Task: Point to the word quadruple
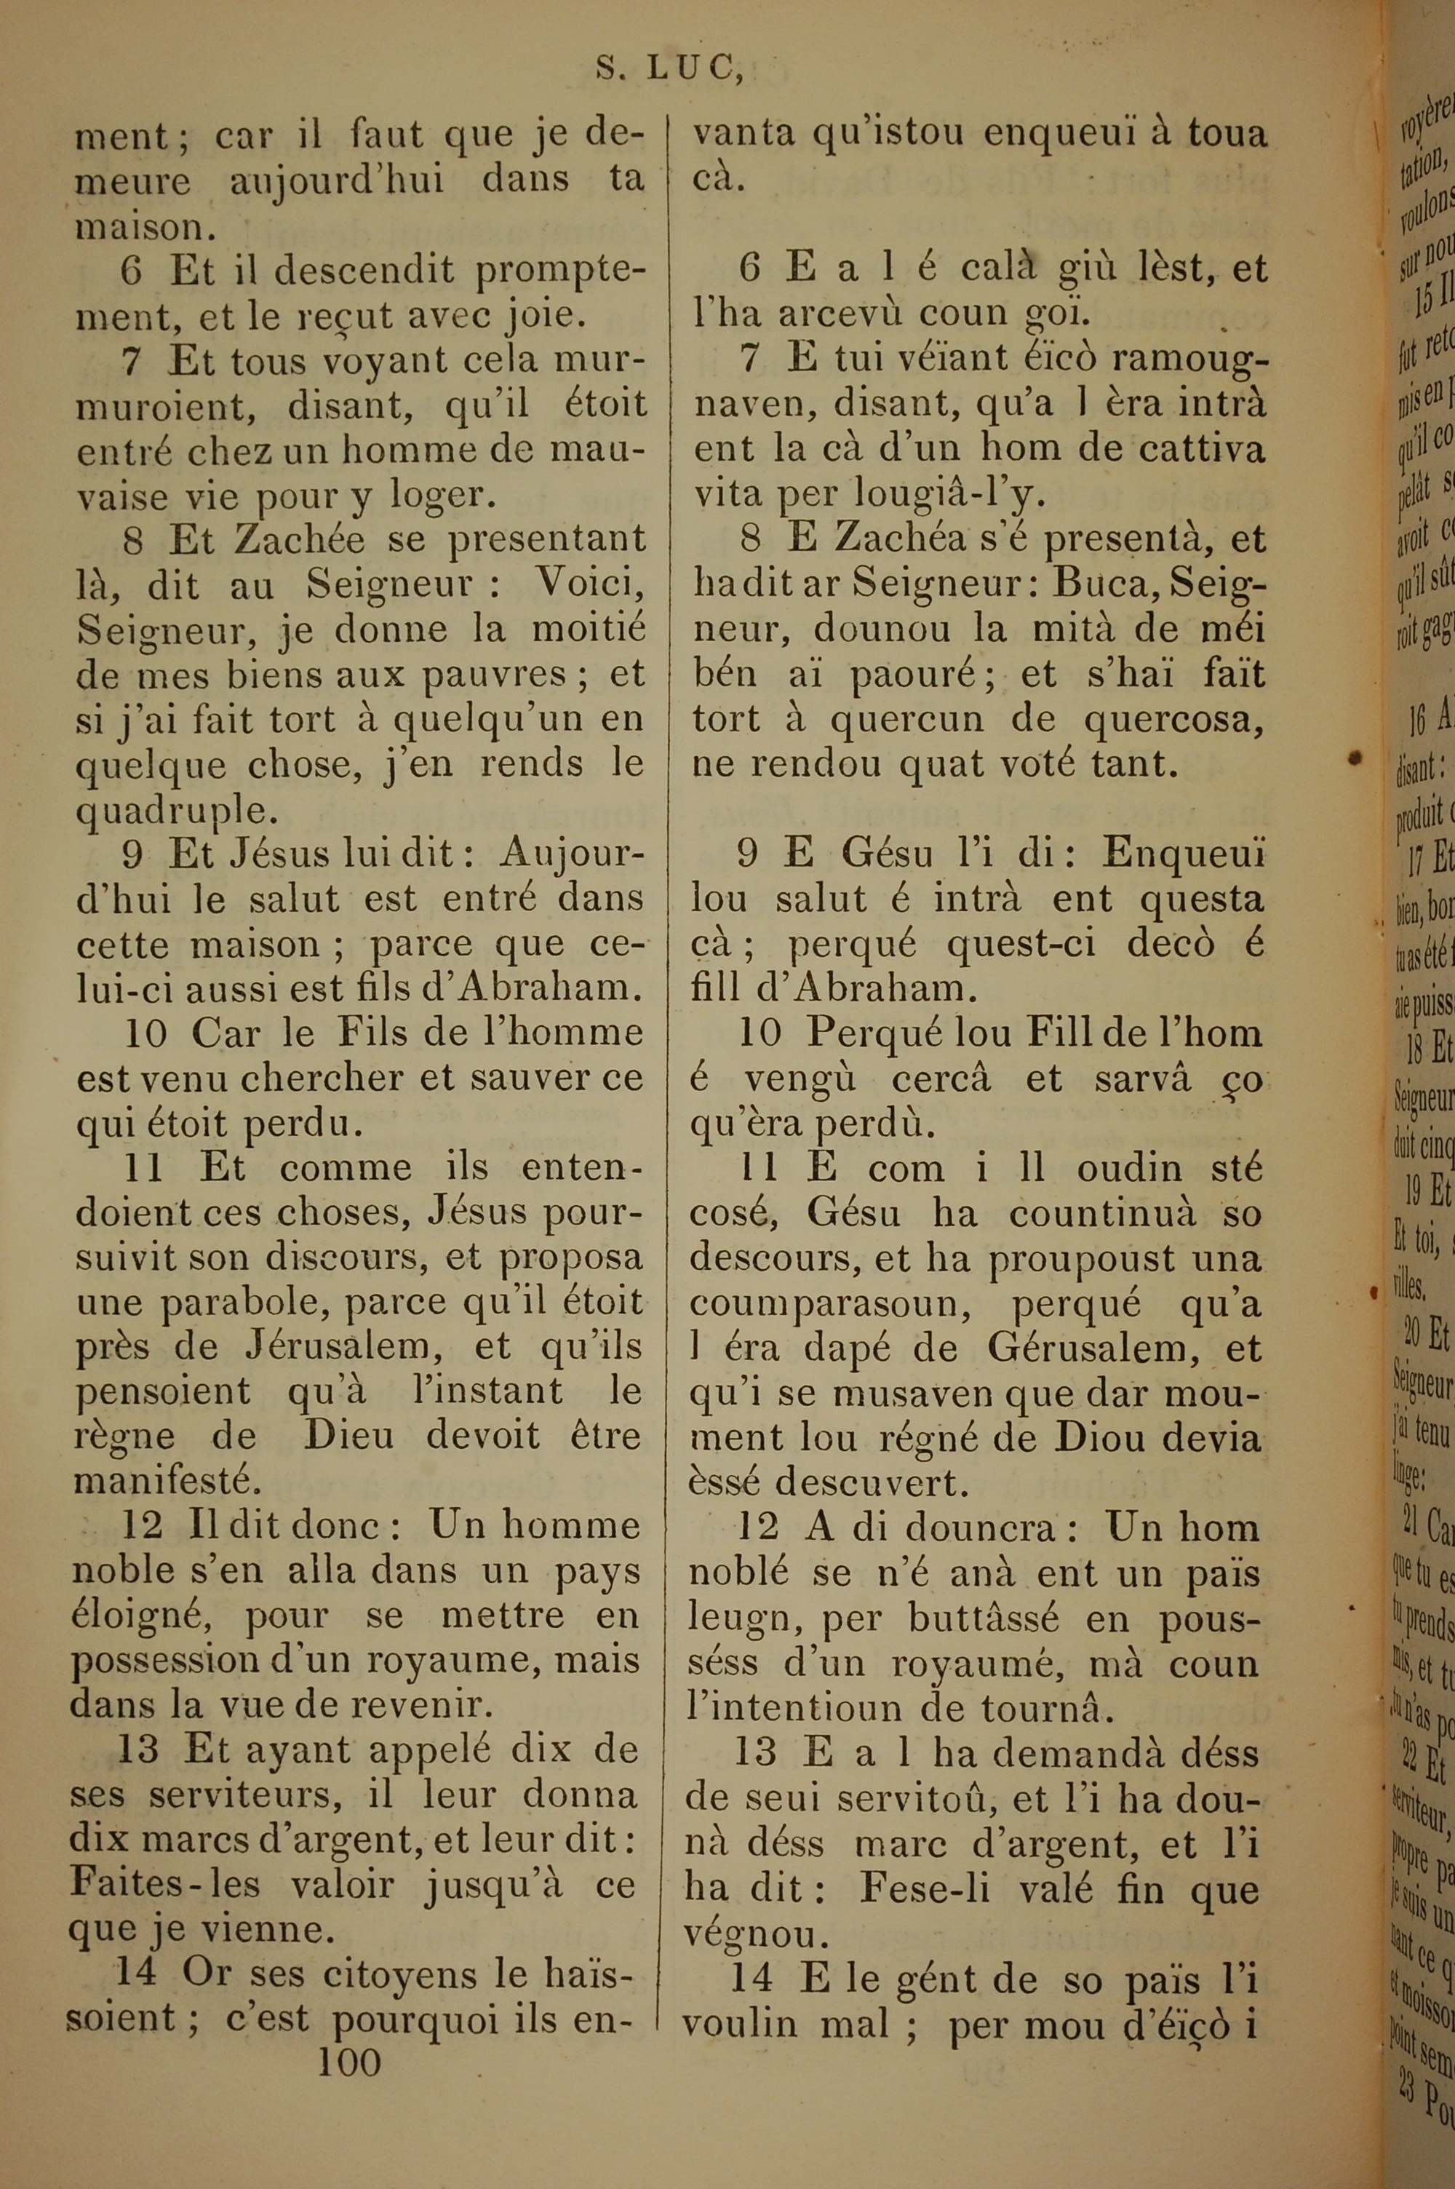[175, 810]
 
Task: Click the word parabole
[243, 1302]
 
